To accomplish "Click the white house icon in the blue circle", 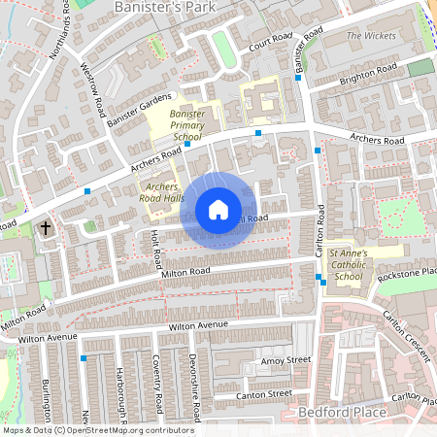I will coord(218,210).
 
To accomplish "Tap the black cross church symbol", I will coord(46,228).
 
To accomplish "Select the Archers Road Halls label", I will coord(163,191).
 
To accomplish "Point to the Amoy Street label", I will coord(285,360).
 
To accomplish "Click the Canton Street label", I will coord(265,394).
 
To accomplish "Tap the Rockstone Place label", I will coord(408,273).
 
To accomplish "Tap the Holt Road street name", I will coord(156,251).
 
